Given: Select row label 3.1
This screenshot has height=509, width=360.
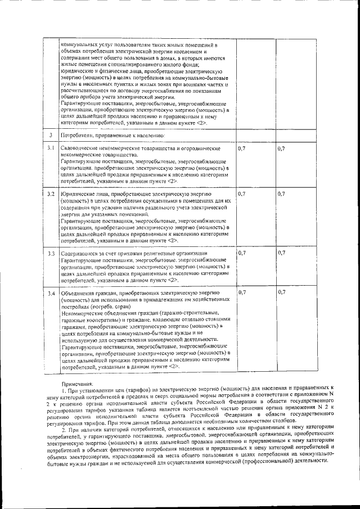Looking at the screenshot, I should pyautogui.click(x=51, y=148).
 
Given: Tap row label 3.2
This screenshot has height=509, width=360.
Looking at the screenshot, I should pyautogui.click(x=51, y=194).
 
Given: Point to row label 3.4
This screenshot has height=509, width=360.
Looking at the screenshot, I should pyautogui.click(x=51, y=293).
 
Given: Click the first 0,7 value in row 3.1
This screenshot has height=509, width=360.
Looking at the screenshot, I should pyautogui.click(x=242, y=148).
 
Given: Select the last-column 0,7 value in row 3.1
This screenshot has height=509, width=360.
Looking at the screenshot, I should pyautogui.click(x=282, y=148).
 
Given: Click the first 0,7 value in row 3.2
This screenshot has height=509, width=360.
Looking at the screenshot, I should pyautogui.click(x=242, y=193).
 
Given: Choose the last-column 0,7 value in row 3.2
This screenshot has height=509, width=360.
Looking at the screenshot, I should pyautogui.click(x=282, y=193).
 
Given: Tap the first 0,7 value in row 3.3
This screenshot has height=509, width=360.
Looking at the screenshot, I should pyautogui.click(x=242, y=253).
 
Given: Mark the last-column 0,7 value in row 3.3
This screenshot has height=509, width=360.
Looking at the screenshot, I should pyautogui.click(x=282, y=253).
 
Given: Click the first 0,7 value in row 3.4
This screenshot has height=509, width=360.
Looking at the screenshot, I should pyautogui.click(x=242, y=292).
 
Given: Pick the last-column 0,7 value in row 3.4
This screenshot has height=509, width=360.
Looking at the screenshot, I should pyautogui.click(x=282, y=292).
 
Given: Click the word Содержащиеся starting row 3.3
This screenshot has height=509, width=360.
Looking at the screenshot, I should pyautogui.click(x=79, y=254).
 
